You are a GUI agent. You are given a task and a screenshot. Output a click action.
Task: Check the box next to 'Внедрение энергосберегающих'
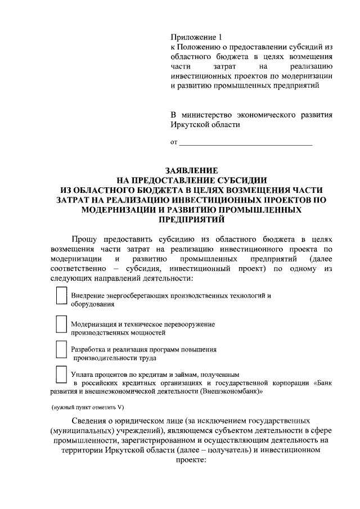click(61, 296)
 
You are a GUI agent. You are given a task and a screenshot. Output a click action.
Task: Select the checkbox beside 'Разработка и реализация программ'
click(61, 350)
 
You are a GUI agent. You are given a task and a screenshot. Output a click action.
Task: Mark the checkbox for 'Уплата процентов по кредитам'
click(61, 375)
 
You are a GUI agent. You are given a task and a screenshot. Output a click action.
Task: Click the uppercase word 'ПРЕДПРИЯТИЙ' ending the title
click(191, 219)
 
